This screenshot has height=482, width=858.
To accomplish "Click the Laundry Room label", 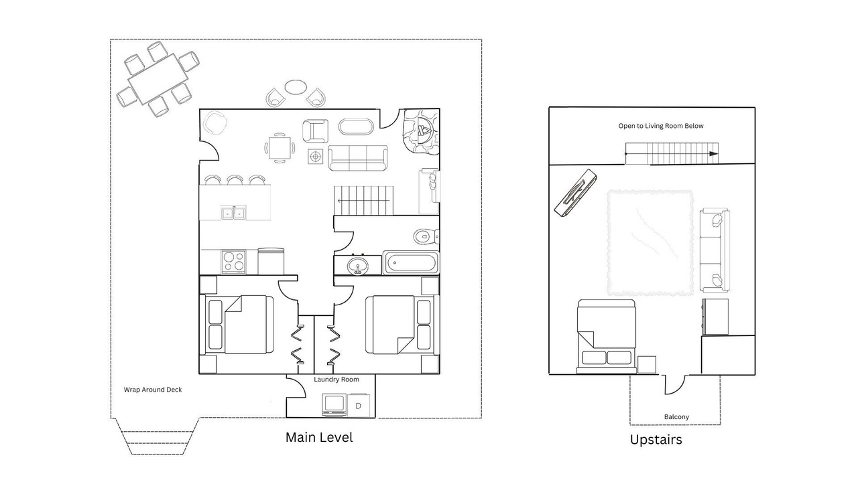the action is coord(336,380).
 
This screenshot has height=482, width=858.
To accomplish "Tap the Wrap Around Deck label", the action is coord(153,390).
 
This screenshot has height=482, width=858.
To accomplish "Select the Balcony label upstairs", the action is coord(676,417).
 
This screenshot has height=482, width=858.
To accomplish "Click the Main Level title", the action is coord(319,437).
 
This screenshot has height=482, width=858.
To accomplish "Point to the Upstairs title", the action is coord(656,440).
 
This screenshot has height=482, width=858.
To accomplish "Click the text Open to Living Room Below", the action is coord(661,126).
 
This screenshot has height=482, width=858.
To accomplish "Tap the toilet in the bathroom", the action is coord(426,236).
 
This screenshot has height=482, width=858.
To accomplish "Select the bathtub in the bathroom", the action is coord(411,263).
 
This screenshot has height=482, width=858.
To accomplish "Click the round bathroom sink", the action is coord(358,266).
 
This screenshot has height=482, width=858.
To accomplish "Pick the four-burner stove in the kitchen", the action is coord(233,262).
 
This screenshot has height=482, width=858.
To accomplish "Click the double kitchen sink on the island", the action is coord(234,212).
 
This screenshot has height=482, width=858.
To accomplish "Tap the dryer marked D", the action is coord(359,405).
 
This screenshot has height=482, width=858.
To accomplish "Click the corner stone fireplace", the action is coord(420,132).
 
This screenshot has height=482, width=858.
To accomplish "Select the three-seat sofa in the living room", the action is coord(358,157).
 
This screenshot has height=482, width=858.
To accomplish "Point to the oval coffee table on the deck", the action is coord(296,87).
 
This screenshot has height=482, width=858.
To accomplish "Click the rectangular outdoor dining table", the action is coord(158,79).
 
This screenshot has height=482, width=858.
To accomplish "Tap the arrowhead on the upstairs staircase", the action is coord(713,154).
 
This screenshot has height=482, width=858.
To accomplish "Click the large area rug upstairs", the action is coord(650,243).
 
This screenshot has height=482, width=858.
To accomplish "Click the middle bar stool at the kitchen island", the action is coord(235,180).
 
